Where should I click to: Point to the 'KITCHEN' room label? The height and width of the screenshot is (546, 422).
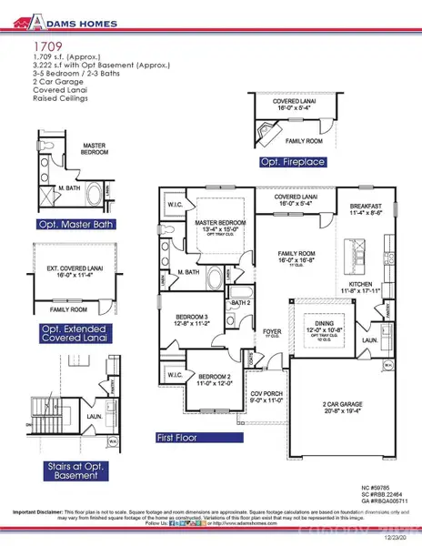[362, 284]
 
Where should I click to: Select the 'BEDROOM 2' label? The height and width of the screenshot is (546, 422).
[216, 376]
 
